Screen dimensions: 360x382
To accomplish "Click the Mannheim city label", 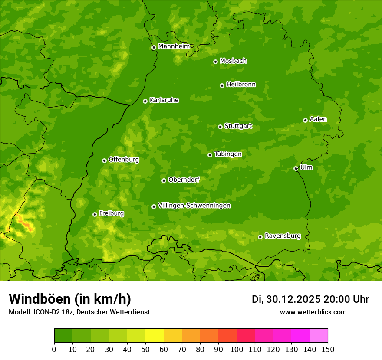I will coord(174,46).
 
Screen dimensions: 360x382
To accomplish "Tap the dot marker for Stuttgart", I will coord(220,127).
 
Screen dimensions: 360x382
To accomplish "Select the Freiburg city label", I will coord(111,213).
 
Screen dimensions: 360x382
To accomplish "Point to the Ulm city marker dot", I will coord(296,168).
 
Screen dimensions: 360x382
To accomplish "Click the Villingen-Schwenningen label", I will coord(194,206).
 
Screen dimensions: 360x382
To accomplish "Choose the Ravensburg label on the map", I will coord(282,236).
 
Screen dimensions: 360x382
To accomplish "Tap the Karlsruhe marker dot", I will coord(145,101).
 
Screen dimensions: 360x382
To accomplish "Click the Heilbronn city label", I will coord(241,85).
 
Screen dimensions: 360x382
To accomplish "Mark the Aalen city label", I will coord(318,119).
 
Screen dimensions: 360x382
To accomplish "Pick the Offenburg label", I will coord(124,160).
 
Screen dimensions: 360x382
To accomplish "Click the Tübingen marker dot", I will coord(210,155).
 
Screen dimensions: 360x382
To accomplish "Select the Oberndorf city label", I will coord(184,180).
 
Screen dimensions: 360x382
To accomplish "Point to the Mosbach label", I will coord(233,61).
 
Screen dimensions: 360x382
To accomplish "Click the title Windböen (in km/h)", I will coord(69,299).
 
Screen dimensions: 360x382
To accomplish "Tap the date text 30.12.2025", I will coord(293,299).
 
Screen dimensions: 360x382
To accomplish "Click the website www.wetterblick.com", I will coord(313,312).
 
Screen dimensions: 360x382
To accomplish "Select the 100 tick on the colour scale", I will coord(237,349).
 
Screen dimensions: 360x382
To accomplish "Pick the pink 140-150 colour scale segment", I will coord(319,336).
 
